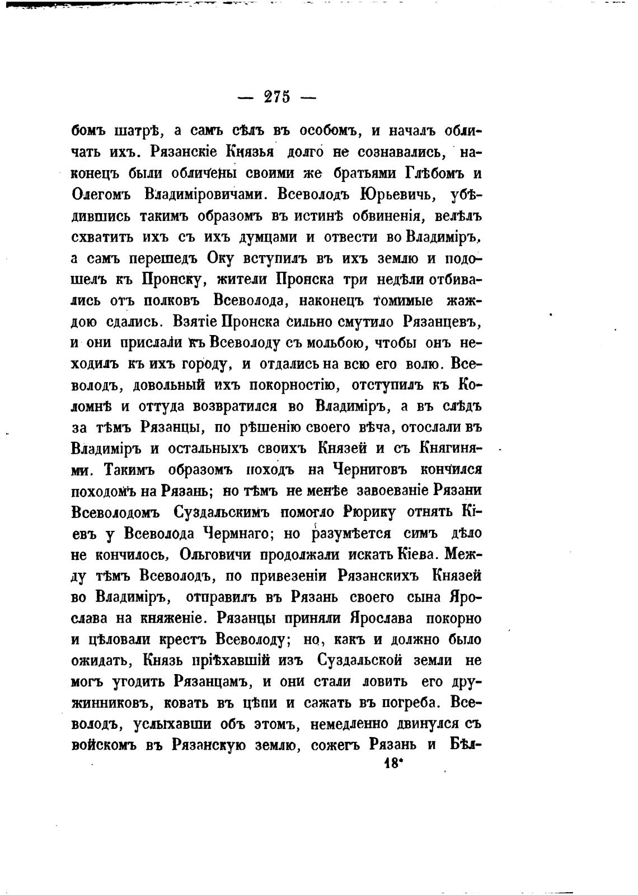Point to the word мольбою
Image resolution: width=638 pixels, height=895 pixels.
point(331,342)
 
